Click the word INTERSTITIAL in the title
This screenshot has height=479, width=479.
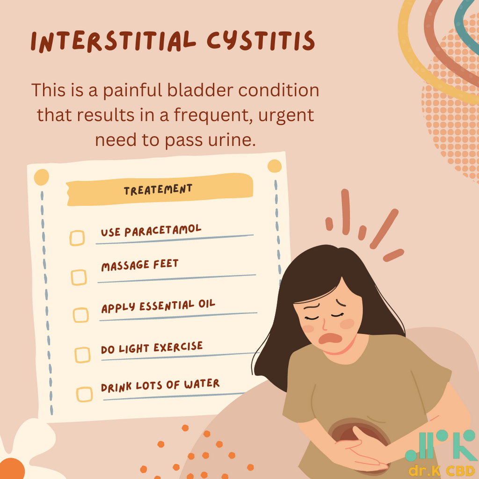[x=113, y=42]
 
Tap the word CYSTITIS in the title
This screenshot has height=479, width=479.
[x=261, y=41]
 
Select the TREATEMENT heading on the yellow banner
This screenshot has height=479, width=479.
[x=158, y=190]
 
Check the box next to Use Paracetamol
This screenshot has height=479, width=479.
[x=77, y=238]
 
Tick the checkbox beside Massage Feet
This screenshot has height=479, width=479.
[x=79, y=277]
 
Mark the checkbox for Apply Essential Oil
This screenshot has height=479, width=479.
[x=80, y=315]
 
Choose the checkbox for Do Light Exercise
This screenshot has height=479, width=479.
[x=82, y=355]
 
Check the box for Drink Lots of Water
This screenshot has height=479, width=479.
[x=84, y=394]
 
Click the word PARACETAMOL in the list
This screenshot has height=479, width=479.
[x=163, y=231]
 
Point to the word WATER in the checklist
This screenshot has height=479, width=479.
[x=202, y=384]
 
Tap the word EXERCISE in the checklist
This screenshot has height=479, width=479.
[x=178, y=347]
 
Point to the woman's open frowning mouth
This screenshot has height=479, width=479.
[x=330, y=338]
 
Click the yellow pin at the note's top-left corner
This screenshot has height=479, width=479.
[x=41, y=177]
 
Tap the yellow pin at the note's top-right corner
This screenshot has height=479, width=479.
[x=274, y=166]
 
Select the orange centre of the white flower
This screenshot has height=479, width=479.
[x=12, y=469]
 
